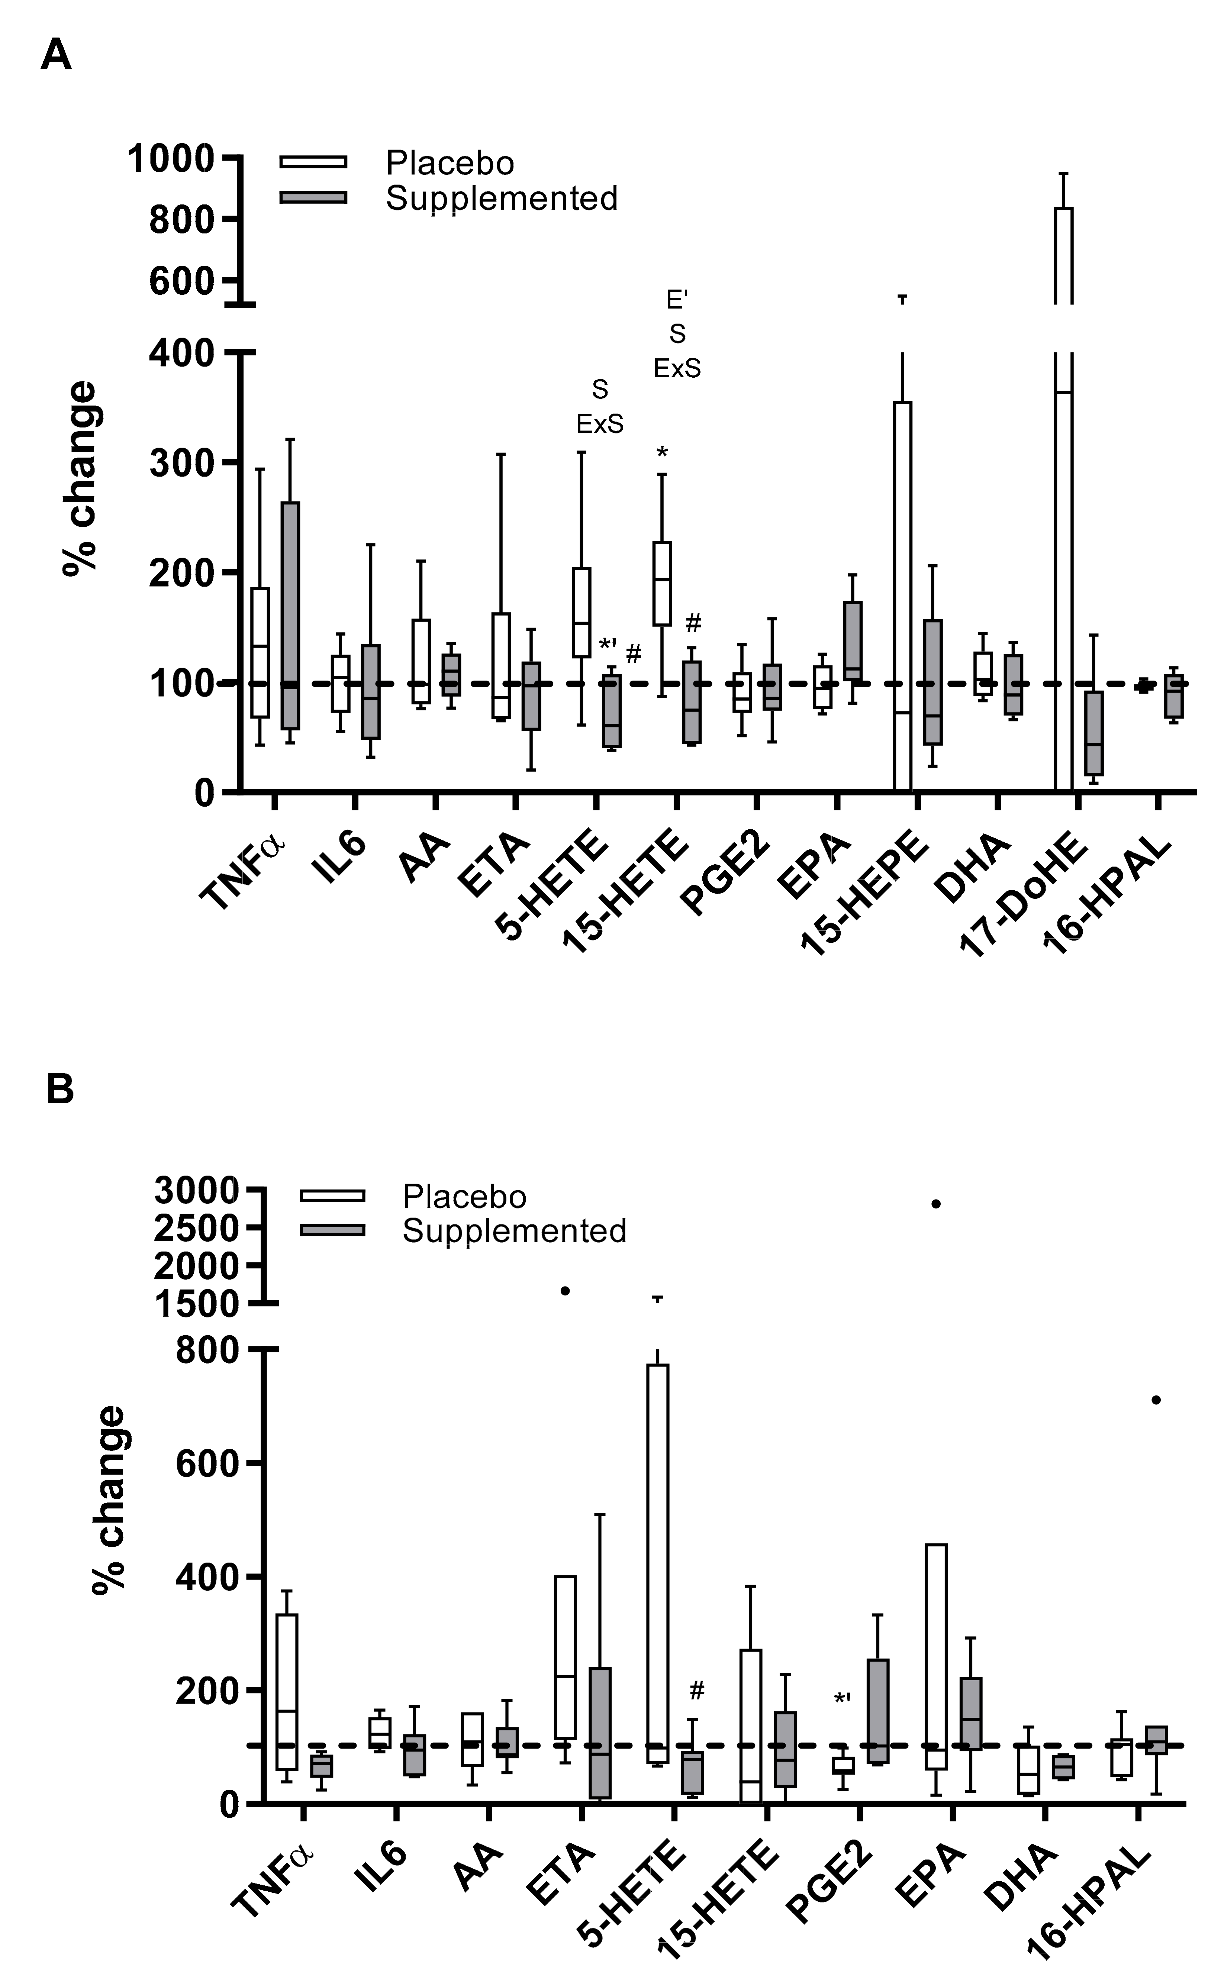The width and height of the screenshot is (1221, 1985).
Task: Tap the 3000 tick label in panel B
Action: click(x=196, y=1190)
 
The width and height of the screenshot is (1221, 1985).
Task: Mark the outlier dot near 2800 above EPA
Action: click(x=936, y=1204)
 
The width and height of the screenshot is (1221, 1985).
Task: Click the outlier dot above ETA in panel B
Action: click(x=565, y=1291)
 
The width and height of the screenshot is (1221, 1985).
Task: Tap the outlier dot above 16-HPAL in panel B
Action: click(x=1156, y=1400)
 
